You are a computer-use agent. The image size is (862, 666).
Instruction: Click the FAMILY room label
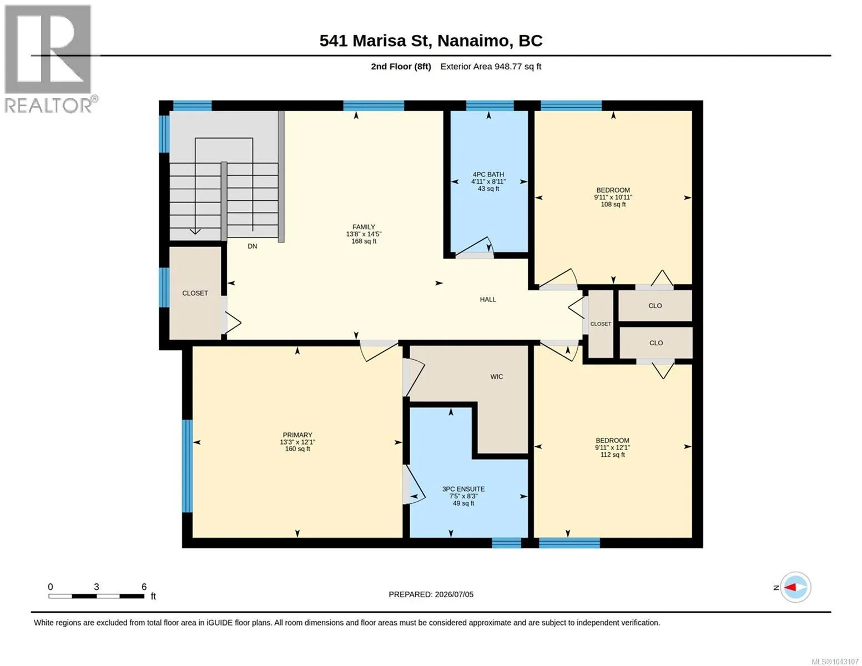[x=364, y=227]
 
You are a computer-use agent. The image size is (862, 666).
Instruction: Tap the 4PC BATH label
[x=488, y=174]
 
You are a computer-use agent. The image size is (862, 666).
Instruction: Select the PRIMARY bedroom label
[x=298, y=435]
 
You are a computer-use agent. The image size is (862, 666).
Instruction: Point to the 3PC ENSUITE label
[x=463, y=489]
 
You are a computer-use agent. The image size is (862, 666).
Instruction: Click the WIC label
[x=497, y=376]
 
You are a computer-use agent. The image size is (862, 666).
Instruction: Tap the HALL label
[x=488, y=300]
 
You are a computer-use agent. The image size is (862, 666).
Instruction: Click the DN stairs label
[x=253, y=246]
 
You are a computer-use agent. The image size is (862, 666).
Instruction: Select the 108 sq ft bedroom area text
[x=613, y=204]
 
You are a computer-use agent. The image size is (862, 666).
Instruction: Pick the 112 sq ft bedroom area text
[x=612, y=455]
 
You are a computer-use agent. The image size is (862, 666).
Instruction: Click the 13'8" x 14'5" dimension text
[x=364, y=234]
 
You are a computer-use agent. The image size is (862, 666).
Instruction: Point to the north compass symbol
[x=795, y=587]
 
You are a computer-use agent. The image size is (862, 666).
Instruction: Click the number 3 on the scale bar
[x=97, y=587]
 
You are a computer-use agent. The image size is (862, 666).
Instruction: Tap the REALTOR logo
[x=49, y=59]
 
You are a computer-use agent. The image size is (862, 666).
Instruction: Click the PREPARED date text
[x=431, y=594]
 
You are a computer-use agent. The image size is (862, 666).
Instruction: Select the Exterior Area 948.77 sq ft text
[x=491, y=66]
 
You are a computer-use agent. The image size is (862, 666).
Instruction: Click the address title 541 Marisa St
[x=375, y=41]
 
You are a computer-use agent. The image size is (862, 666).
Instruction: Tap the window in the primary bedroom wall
[x=187, y=466]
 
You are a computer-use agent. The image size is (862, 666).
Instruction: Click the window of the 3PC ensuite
[x=507, y=543]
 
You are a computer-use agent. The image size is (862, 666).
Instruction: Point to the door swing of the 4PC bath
[x=474, y=246]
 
